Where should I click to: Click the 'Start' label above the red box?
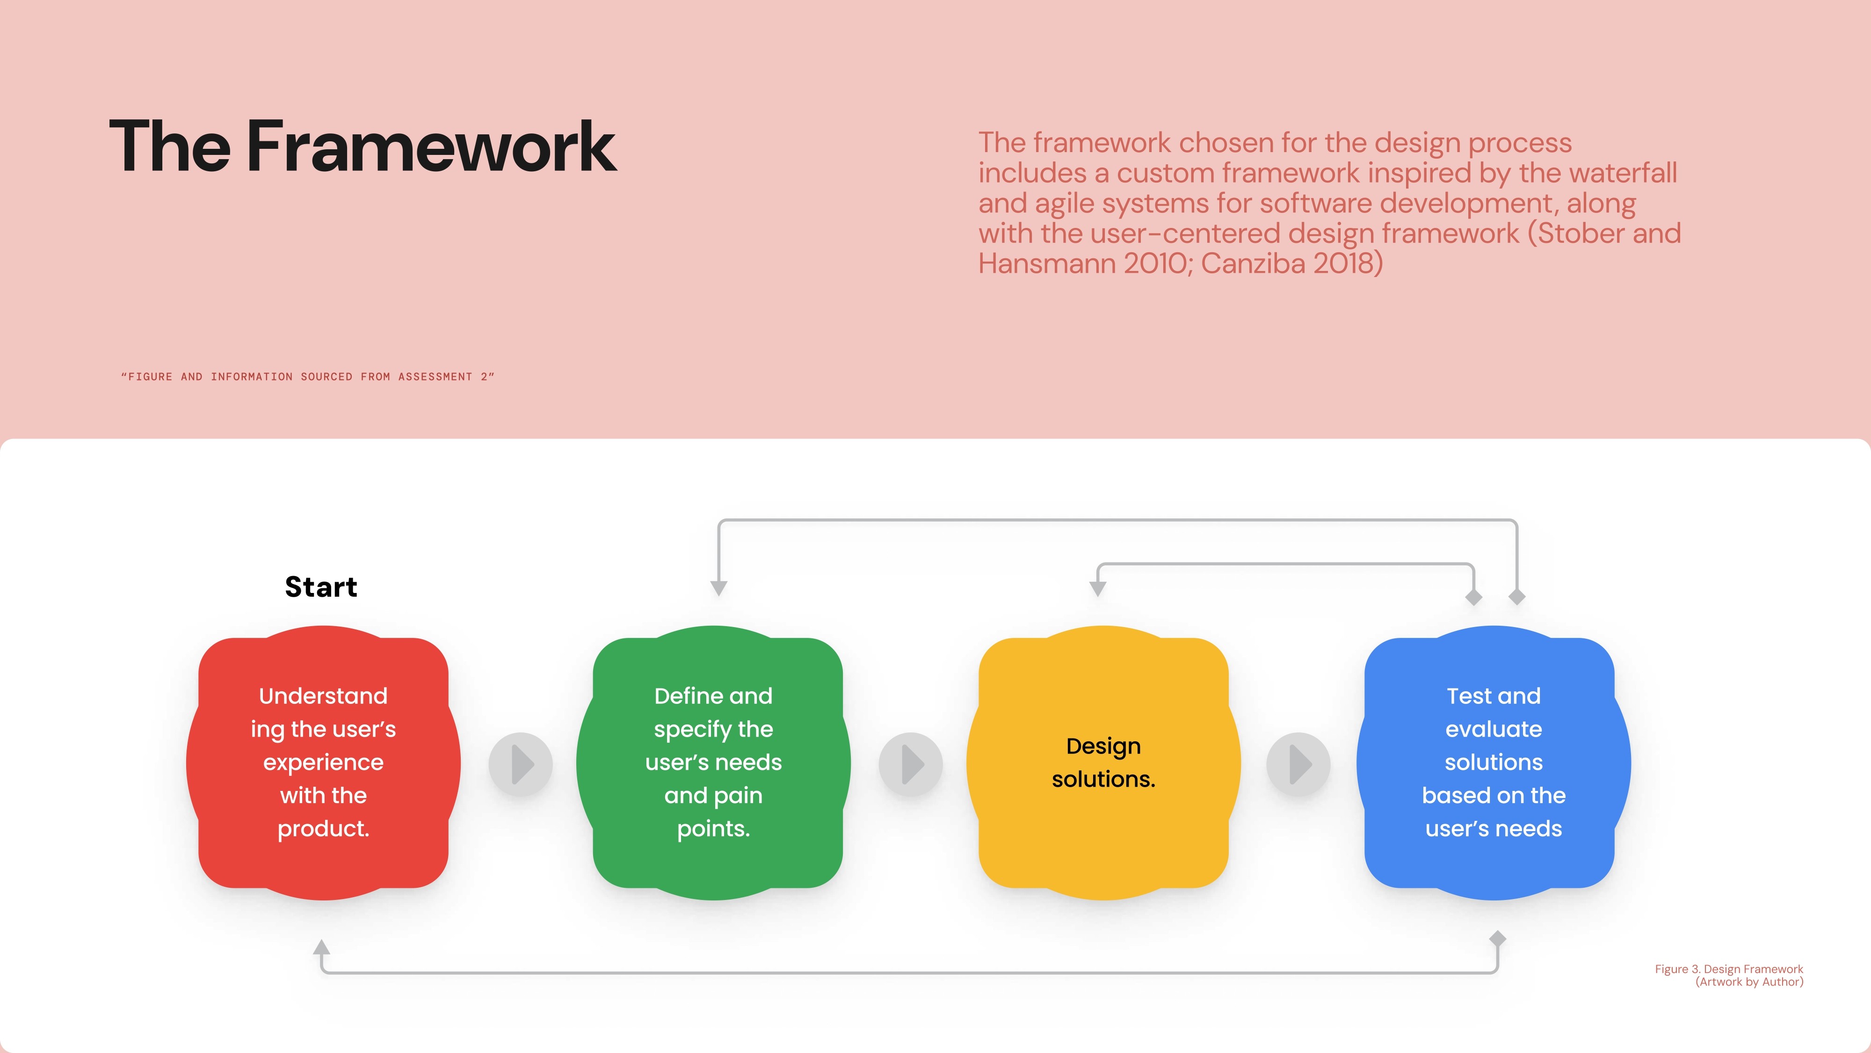pos(321,586)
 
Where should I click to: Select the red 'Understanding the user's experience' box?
pos(323,762)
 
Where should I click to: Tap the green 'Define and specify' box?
pos(713,762)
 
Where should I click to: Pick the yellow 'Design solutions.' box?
pos(1103,762)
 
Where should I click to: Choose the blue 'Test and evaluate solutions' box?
pos(1494,762)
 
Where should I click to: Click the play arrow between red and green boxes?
pos(521,764)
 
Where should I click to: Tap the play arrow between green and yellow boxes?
pos(911,764)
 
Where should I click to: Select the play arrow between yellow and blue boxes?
pos(1298,764)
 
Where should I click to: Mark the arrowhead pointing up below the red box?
pos(322,946)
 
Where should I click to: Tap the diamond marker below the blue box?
pos(1498,939)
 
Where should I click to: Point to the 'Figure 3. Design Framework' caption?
pos(1729,969)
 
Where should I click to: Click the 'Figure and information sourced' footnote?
pos(308,376)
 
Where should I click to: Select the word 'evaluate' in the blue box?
pos(1494,729)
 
